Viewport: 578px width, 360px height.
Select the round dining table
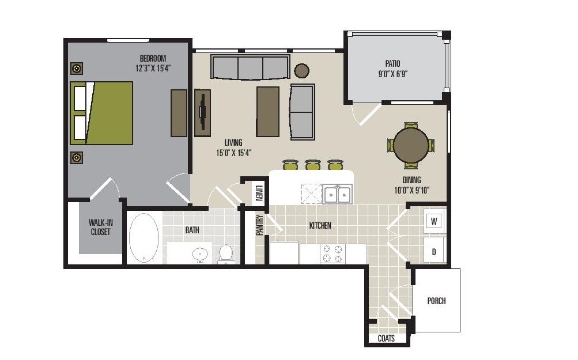pos(411,145)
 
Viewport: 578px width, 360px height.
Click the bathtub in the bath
pos(143,238)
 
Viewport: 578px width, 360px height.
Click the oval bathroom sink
pos(200,253)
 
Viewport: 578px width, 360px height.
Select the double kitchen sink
pos(337,195)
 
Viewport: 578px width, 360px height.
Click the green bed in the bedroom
pos(101,113)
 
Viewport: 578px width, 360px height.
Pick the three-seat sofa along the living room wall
pos(250,67)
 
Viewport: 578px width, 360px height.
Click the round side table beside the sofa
pos(301,70)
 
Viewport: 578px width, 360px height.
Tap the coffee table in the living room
pos(267,112)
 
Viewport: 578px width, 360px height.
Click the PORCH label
pos(436,301)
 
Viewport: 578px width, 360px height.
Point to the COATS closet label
pos(386,339)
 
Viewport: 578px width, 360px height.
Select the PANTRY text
pos(260,225)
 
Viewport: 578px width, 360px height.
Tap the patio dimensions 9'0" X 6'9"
pos(393,74)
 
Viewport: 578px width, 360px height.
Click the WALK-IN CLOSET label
pos(100,227)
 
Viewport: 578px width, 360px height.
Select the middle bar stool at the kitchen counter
pos(312,165)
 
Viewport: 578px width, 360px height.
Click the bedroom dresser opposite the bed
pos(179,113)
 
